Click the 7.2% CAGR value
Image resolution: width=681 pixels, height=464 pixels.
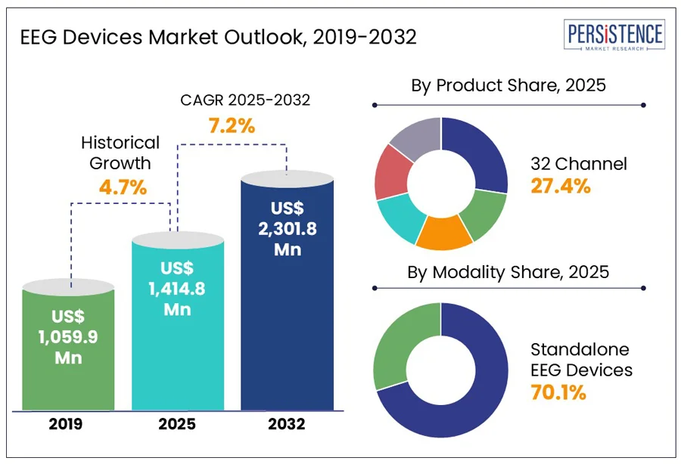[x=232, y=125]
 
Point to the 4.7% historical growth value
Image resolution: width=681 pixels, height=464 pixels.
[x=123, y=187]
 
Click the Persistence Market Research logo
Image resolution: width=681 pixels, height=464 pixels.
[x=614, y=37]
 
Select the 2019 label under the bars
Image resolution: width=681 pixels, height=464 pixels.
[x=68, y=424]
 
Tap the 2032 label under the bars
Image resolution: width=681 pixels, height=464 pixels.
[x=287, y=424]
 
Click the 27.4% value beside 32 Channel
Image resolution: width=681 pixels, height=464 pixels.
[x=560, y=186]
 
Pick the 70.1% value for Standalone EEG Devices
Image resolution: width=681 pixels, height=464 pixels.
[x=558, y=392]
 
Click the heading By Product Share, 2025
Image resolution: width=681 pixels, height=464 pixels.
[x=508, y=85]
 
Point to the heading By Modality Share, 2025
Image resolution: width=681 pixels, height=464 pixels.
[x=508, y=271]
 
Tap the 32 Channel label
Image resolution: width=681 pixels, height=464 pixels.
[x=579, y=163]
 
